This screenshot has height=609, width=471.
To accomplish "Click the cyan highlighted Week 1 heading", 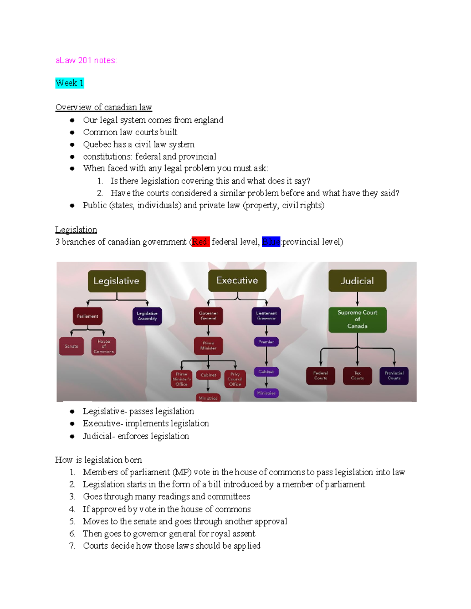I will (69, 83).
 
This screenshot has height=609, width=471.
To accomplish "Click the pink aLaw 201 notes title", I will (86, 60).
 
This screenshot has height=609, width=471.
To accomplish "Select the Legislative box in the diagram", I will (117, 281).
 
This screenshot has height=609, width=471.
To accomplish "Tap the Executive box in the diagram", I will (237, 280).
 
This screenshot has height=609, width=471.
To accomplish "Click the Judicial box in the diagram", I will (357, 281).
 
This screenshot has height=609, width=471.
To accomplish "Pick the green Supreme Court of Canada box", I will (357, 320).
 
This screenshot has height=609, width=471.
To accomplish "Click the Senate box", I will (71, 346).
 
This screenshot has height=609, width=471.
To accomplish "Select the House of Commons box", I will (104, 346).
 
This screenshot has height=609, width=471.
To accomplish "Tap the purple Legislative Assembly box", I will (147, 316).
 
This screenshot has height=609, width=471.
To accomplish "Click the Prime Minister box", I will (208, 345).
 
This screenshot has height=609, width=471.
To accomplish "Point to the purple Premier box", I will (266, 342).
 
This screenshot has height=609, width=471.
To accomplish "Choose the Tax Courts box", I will (357, 376).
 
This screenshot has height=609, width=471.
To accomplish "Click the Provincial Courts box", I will (394, 376).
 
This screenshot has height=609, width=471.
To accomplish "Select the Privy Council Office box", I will (235, 379).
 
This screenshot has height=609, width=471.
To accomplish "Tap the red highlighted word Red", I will (200, 242).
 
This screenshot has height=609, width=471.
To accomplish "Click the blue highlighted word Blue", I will (271, 242).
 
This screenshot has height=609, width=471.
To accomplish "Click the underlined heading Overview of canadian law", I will (104, 107).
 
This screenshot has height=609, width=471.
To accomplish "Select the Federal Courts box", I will (320, 376).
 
